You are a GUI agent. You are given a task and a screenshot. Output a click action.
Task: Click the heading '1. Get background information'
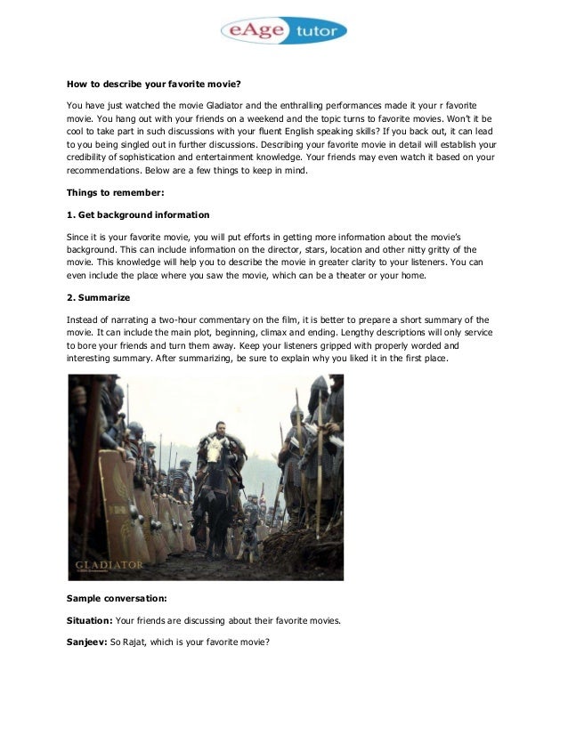tap(138, 214)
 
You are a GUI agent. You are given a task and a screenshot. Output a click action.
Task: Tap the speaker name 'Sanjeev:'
tap(87, 642)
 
